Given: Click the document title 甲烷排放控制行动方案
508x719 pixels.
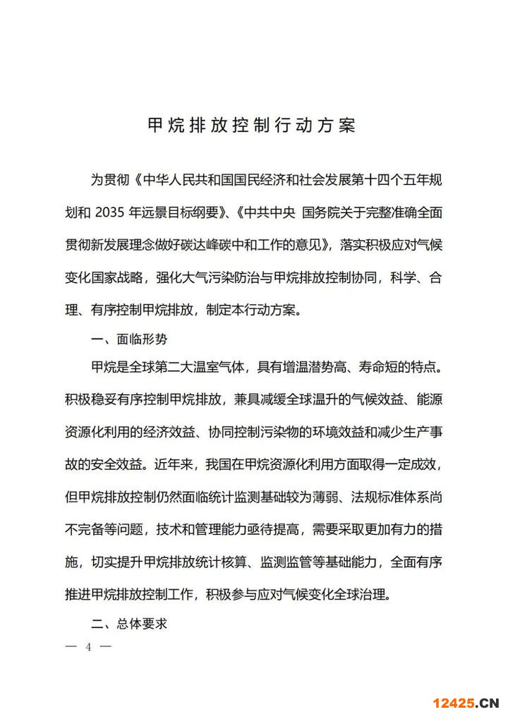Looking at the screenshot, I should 252,126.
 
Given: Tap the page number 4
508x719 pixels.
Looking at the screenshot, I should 89,646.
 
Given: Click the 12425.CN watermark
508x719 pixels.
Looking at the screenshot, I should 466,702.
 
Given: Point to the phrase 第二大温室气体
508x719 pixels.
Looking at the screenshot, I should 195,369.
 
